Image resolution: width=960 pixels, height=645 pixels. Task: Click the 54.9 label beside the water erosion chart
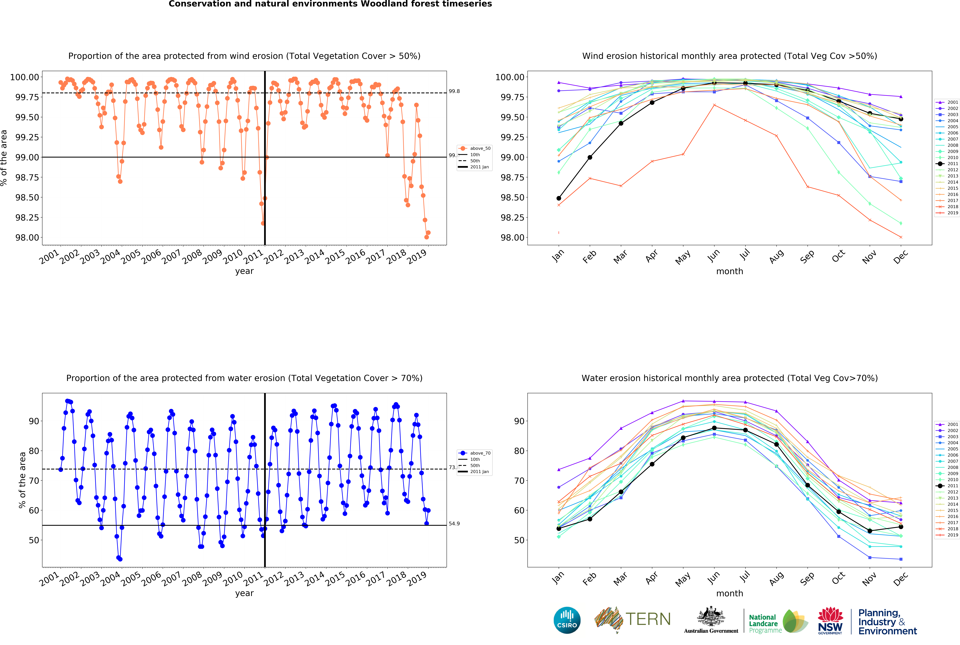tap(454, 524)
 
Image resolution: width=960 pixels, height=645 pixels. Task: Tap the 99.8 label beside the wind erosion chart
tap(454, 91)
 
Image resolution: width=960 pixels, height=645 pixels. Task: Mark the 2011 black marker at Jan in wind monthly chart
tap(559, 198)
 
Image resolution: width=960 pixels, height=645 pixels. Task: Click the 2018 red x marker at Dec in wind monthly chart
tap(901, 237)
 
